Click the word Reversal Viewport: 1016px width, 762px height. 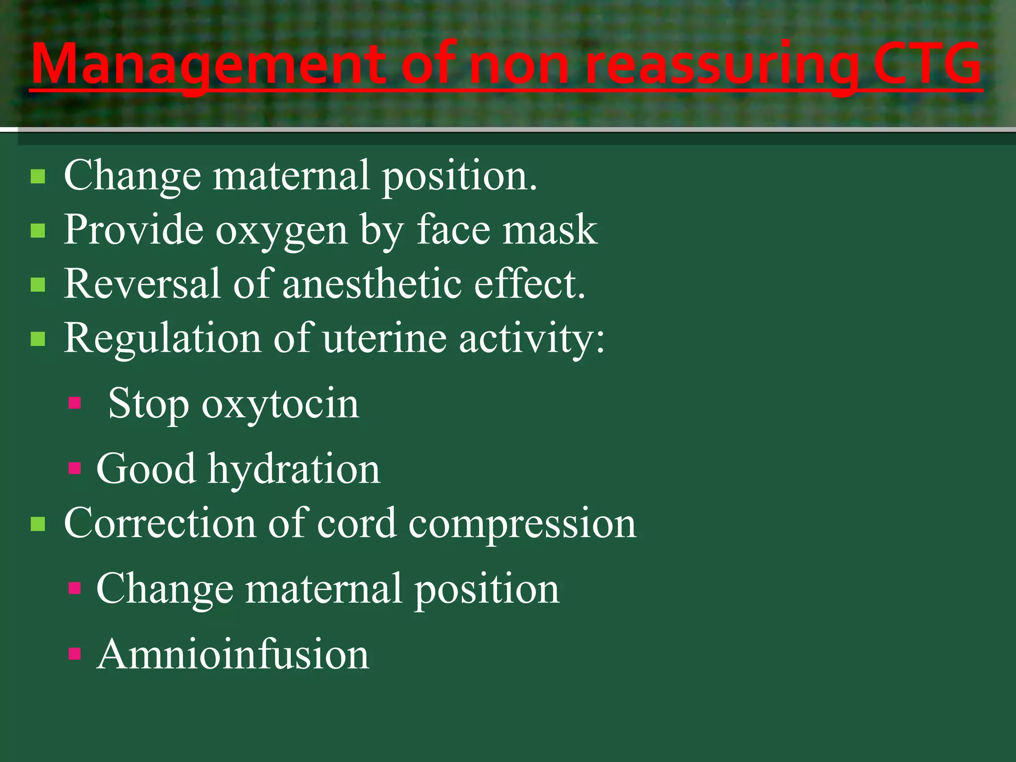click(142, 284)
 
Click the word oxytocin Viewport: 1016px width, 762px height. click(280, 404)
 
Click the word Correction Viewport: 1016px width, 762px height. click(160, 523)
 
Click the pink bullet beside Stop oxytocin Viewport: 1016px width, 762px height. click(75, 402)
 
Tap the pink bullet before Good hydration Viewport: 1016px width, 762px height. click(75, 468)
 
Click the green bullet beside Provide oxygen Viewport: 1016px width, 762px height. click(38, 231)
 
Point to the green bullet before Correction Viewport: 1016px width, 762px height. click(38, 524)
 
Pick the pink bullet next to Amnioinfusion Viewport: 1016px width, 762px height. click(75, 653)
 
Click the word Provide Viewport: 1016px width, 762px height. click(133, 230)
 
